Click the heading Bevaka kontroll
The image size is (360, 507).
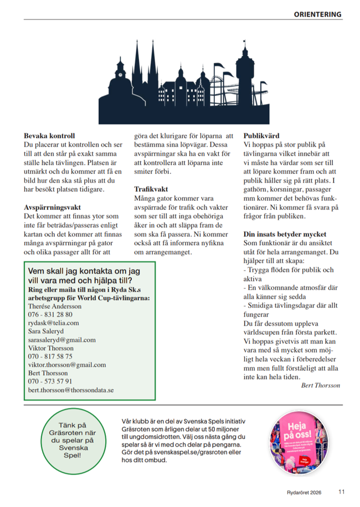click(x=49, y=135)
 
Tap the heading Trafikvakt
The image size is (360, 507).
click(x=151, y=188)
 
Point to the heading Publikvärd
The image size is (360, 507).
click(x=261, y=135)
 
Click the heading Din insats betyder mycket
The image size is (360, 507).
click(x=285, y=234)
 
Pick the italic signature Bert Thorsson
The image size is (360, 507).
click(x=320, y=385)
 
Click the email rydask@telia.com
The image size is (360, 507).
click(x=53, y=322)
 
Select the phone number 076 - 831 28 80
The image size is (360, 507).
click(x=50, y=314)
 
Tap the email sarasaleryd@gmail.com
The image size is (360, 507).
click(x=61, y=340)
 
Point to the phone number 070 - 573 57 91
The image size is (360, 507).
click(x=50, y=381)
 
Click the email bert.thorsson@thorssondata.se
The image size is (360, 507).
click(x=71, y=390)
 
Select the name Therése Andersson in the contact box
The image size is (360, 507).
click(x=55, y=306)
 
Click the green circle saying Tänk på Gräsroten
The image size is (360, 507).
click(x=73, y=439)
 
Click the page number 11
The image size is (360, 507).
click(x=342, y=491)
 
